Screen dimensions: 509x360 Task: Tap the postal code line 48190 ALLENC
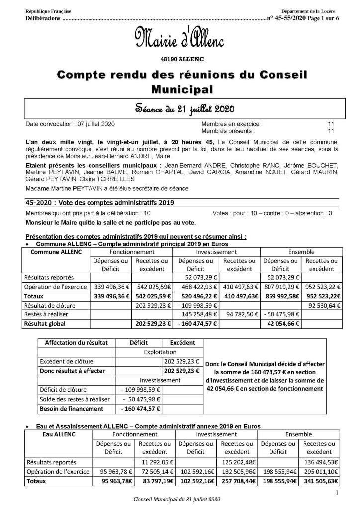click(x=180, y=59)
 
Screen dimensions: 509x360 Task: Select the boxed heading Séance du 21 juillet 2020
click(x=180, y=109)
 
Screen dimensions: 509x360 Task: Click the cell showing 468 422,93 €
click(x=195, y=287)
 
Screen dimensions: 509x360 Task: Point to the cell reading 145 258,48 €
click(x=195, y=314)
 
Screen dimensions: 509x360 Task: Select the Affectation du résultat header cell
click(x=76, y=343)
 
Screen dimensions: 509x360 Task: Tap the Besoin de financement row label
click(x=72, y=409)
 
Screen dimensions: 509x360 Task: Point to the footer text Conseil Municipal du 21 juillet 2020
click(x=177, y=499)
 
